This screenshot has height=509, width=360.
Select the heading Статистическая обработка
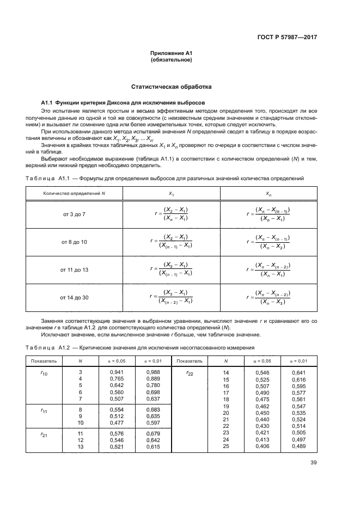[x=172, y=87]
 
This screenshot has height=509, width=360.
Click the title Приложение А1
[x=172, y=53]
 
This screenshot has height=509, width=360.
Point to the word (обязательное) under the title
[x=172, y=60]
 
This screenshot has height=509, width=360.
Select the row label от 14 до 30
[x=74, y=297]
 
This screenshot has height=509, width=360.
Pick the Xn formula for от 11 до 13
[x=269, y=269]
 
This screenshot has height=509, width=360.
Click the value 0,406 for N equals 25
[x=263, y=446]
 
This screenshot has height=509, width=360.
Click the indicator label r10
[x=45, y=373]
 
